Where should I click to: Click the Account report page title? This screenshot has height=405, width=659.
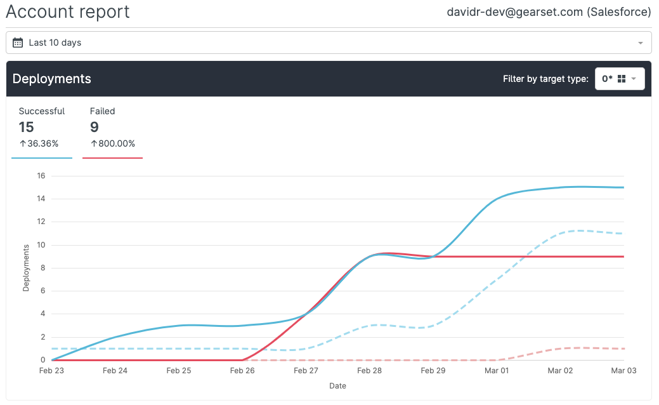pyautogui.click(x=68, y=12)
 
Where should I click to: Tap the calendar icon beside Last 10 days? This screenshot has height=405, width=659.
pyautogui.click(x=18, y=43)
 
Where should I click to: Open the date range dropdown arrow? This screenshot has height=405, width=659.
pyautogui.click(x=640, y=43)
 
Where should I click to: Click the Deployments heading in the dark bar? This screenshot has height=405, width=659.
pyautogui.click(x=52, y=79)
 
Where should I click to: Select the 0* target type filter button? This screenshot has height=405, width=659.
pyautogui.click(x=619, y=79)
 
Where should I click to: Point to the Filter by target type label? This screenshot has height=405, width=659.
pyautogui.click(x=545, y=79)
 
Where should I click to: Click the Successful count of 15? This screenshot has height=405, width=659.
pyautogui.click(x=26, y=127)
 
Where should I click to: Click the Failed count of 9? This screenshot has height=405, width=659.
pyautogui.click(x=95, y=127)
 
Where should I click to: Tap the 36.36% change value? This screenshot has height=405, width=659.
pyautogui.click(x=42, y=143)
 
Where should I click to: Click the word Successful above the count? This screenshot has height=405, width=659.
pyautogui.click(x=42, y=111)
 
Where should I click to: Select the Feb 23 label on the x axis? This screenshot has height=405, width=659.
pyautogui.click(x=52, y=370)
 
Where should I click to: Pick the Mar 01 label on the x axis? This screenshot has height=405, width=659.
pyautogui.click(x=497, y=370)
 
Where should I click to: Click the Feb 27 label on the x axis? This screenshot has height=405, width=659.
pyautogui.click(x=306, y=370)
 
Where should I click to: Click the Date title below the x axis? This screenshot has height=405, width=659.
pyautogui.click(x=337, y=385)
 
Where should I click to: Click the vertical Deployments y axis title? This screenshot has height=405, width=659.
pyautogui.click(x=26, y=268)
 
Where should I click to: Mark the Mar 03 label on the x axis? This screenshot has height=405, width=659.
pyautogui.click(x=623, y=370)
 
